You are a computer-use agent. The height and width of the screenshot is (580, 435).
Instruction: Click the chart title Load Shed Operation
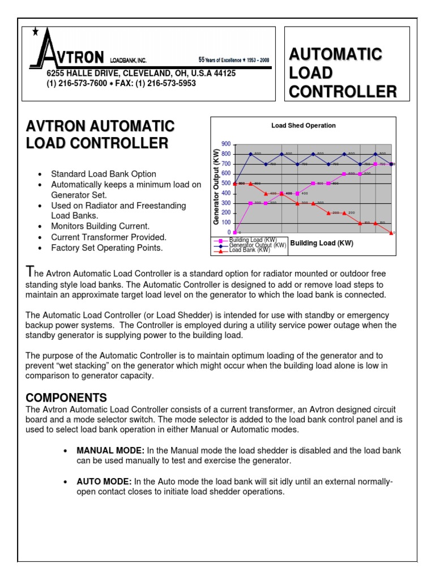(x=304, y=125)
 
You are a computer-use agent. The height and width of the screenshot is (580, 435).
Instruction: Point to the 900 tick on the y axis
(x=226, y=144)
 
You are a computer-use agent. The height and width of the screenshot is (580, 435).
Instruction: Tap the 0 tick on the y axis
(x=229, y=232)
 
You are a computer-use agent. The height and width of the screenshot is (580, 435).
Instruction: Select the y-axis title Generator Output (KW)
(x=216, y=187)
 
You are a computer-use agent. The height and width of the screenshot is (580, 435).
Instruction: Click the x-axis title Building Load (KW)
(x=322, y=244)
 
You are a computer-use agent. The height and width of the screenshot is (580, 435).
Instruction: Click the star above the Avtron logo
(x=36, y=32)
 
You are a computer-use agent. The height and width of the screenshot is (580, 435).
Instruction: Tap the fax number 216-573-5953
(x=170, y=83)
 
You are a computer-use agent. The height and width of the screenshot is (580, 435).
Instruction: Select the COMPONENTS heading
(x=66, y=397)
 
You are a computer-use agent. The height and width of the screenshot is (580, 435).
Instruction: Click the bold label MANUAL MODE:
(x=110, y=451)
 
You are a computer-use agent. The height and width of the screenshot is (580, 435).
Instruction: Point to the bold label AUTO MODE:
(x=104, y=481)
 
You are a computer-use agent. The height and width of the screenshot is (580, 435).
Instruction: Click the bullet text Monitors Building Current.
(x=100, y=226)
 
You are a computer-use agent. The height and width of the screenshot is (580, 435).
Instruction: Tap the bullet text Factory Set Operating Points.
(x=106, y=248)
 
